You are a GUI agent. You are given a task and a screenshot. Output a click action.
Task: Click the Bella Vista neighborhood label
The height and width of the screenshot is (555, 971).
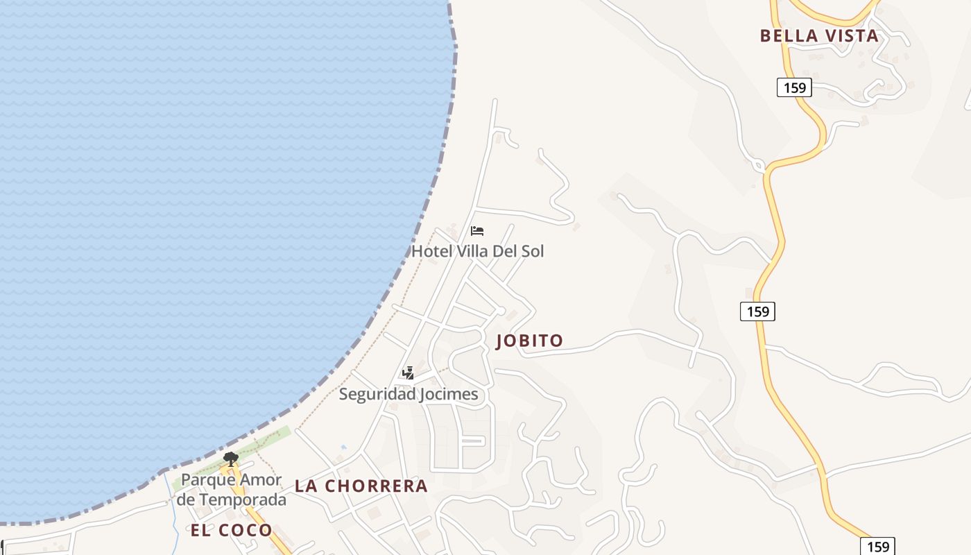point(819,36)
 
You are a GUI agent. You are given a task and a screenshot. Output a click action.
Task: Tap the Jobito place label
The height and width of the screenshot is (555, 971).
point(530,341)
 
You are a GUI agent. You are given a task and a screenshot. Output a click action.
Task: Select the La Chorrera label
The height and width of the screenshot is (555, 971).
point(361,486)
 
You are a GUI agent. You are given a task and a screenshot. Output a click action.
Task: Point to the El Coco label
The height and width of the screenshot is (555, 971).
point(232,531)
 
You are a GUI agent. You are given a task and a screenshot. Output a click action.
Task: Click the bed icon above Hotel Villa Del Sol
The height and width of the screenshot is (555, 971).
point(477,231)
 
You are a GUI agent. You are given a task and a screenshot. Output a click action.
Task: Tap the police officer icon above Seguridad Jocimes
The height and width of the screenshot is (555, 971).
point(408,373)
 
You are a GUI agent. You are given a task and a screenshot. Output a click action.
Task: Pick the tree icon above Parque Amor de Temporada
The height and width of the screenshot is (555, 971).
point(231,459)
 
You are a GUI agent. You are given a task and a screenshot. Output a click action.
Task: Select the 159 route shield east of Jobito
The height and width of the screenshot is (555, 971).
point(757,311)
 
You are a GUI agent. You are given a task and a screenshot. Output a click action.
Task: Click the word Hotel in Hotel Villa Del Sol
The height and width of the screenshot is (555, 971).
point(432,250)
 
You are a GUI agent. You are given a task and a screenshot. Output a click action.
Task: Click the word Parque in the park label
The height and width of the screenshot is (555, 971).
point(205,480)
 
